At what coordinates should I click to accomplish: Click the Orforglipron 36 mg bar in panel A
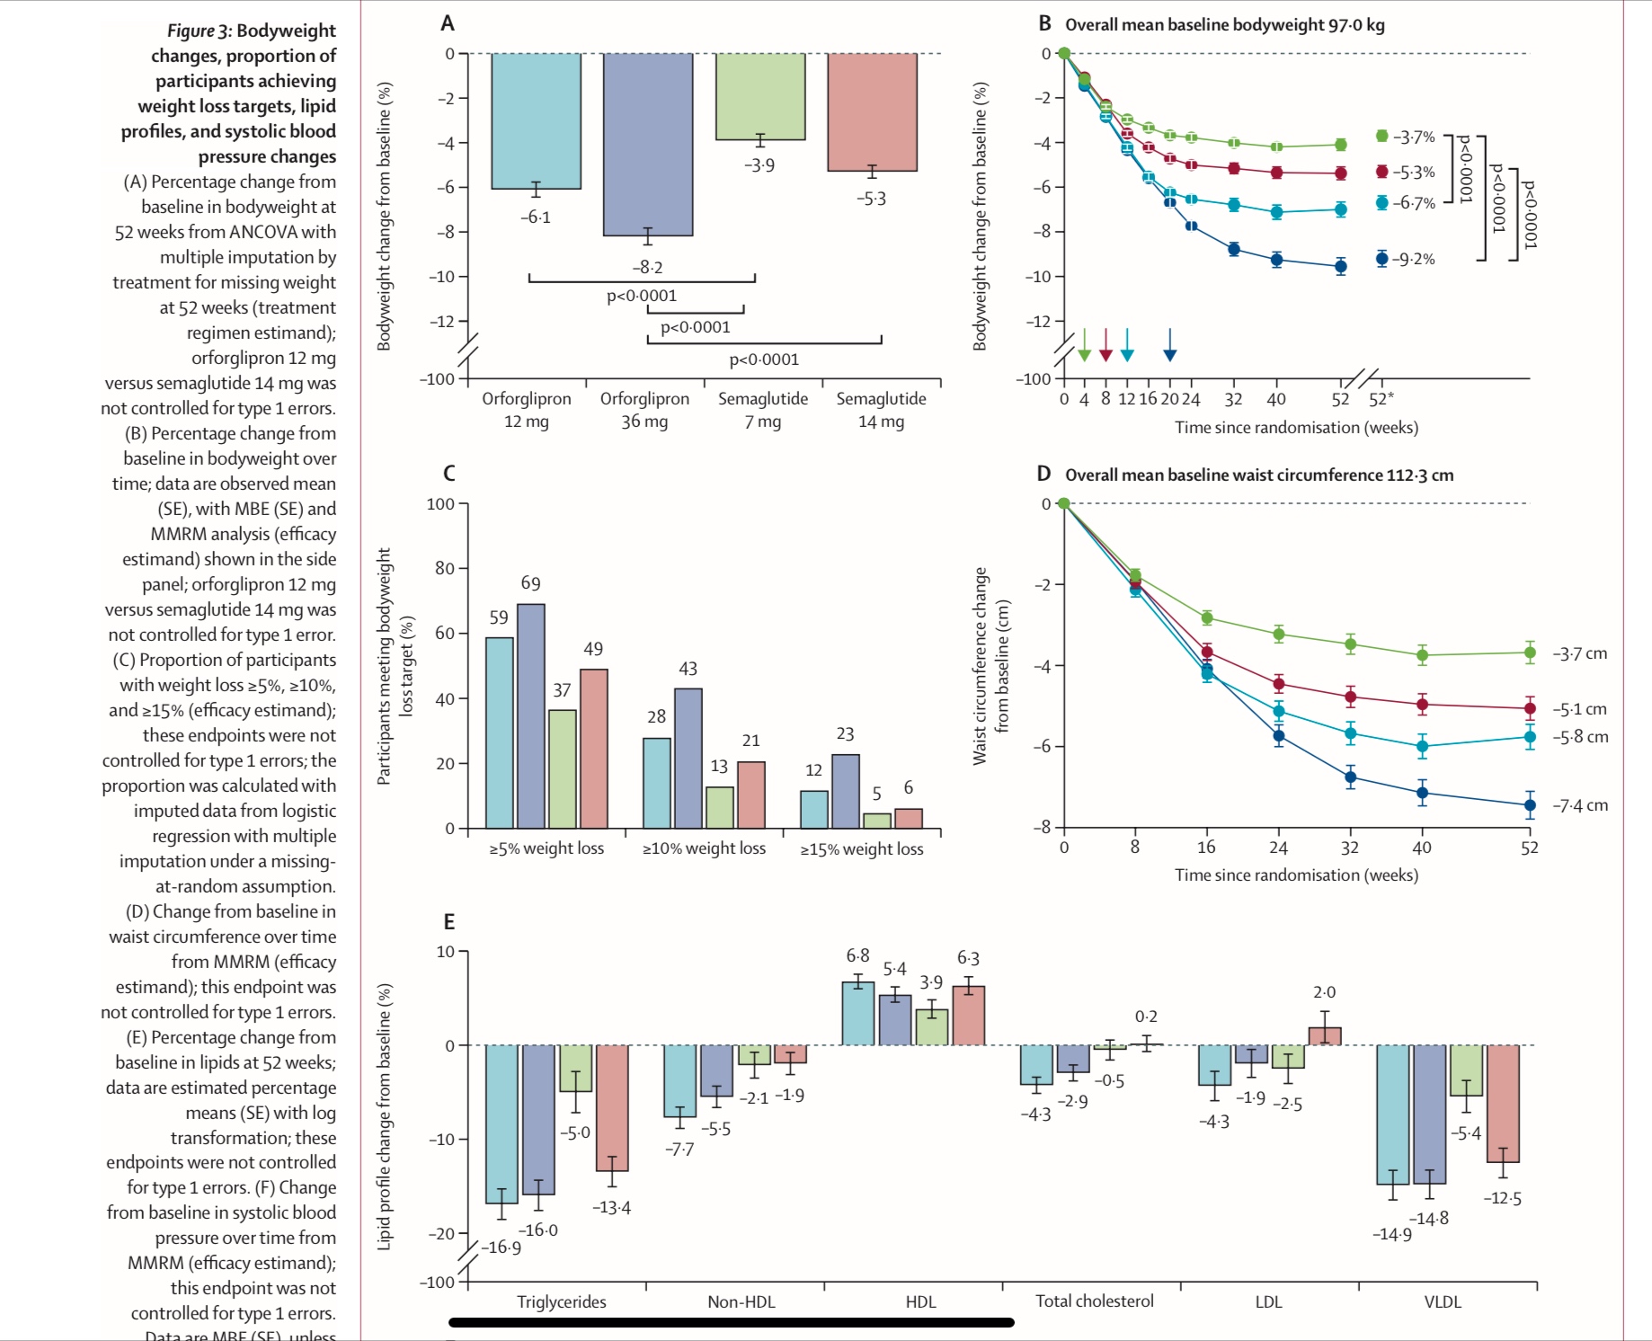point(647,144)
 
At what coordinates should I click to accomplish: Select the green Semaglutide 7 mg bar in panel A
point(759,96)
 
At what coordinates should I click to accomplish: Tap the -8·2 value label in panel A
point(647,267)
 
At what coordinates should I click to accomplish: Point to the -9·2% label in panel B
point(1413,260)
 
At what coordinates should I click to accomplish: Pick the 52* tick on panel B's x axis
point(1381,399)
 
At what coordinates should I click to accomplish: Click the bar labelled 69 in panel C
point(530,715)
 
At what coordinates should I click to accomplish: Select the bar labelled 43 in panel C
point(688,758)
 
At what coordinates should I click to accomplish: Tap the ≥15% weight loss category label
point(862,848)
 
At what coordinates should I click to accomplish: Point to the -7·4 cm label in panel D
point(1580,805)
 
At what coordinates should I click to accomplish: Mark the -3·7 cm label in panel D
point(1580,653)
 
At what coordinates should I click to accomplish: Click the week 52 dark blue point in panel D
point(1530,805)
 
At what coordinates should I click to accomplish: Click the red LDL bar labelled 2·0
point(1324,1035)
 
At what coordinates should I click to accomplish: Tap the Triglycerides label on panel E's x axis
point(561,1301)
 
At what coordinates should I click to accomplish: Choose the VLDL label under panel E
point(1442,1301)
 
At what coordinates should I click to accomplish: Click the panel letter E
point(449,921)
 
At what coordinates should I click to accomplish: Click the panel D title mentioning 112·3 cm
point(1258,475)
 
